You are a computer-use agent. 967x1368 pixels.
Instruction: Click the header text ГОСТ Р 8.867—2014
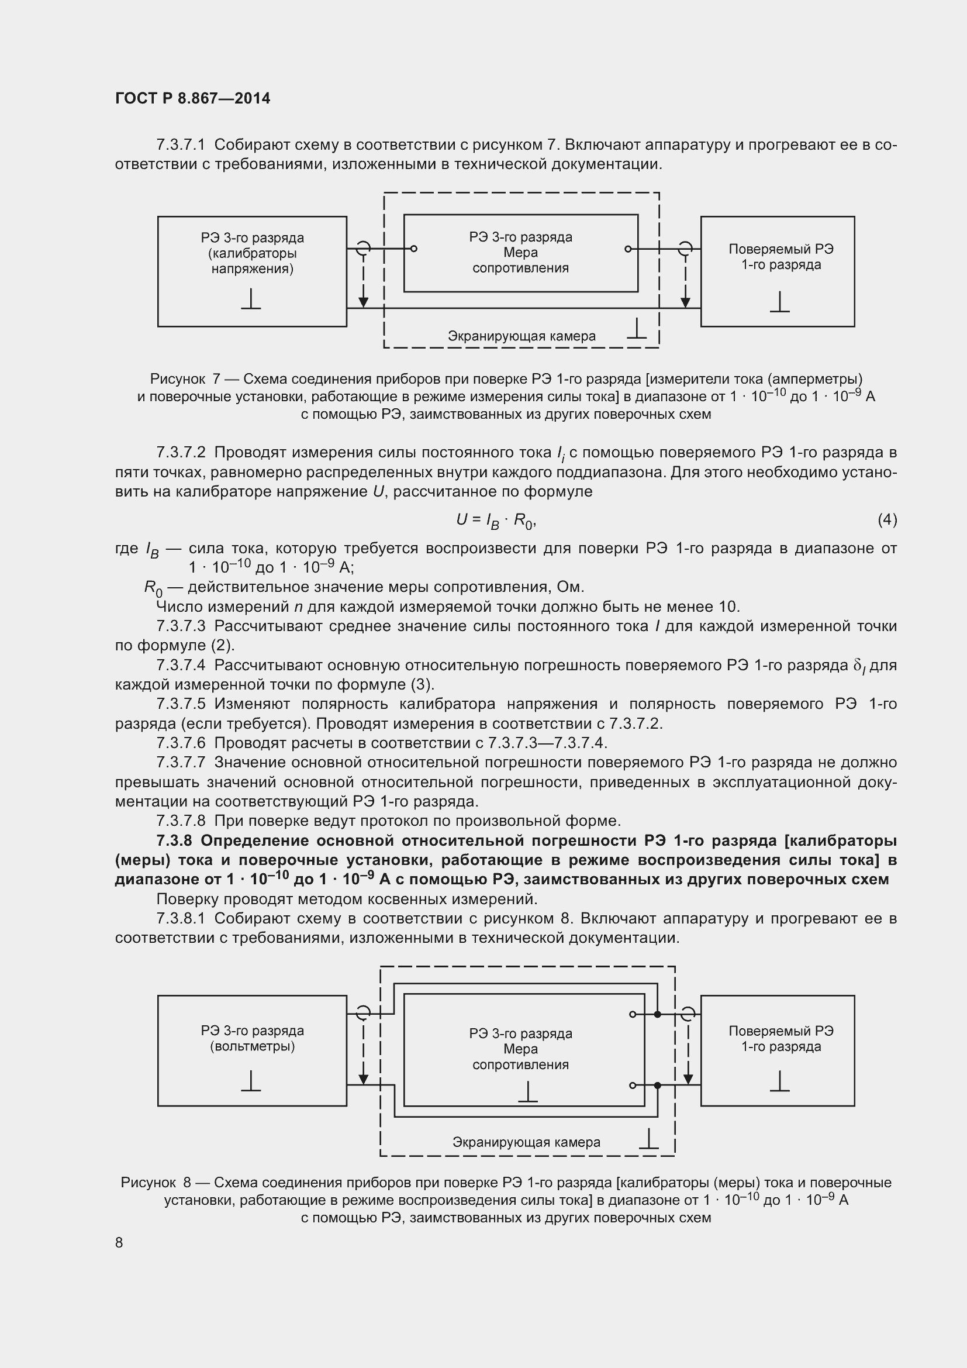192,98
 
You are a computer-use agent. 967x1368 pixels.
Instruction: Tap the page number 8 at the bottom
119,1242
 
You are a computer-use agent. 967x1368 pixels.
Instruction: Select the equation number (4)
887,520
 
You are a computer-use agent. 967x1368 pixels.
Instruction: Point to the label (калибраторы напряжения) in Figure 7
253,261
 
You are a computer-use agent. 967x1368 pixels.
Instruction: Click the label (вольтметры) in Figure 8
253,1046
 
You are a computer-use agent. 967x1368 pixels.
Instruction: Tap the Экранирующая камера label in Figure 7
521,336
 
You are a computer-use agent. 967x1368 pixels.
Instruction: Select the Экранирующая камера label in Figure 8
526,1142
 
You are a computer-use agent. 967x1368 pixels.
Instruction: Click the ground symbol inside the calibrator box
251,299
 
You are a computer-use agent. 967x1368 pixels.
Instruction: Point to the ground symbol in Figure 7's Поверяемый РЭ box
779,303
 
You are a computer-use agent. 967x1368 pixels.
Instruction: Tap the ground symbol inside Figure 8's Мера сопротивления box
527,1091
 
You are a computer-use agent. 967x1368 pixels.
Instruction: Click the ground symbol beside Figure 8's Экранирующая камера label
648,1139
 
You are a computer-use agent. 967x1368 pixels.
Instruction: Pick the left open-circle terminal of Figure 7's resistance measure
414,249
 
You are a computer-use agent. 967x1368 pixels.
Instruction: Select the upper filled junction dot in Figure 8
657,1014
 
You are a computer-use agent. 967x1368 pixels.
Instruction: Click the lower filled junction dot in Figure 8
657,1086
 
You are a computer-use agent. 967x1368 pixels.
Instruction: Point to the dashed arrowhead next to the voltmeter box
363,1080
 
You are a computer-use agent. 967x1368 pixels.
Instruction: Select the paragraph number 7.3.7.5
181,704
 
